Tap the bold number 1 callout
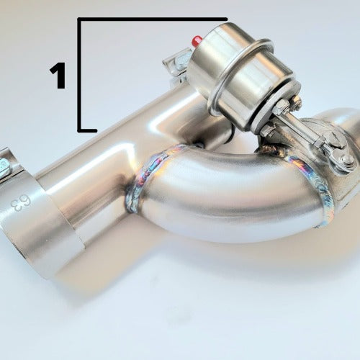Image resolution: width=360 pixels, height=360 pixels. click(58, 76)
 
